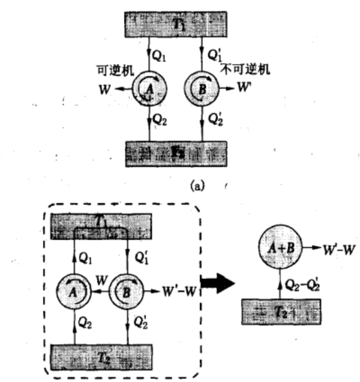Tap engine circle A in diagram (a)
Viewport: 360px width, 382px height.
point(146,91)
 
